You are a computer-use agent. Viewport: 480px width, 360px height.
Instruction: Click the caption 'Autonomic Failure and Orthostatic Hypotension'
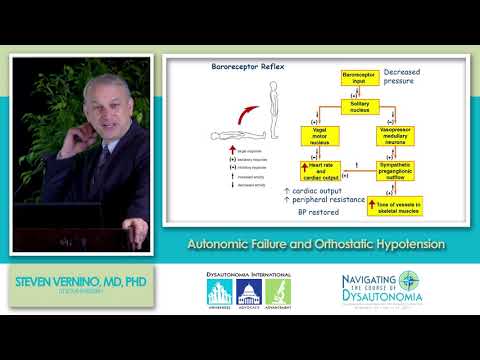(x=317, y=244)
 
